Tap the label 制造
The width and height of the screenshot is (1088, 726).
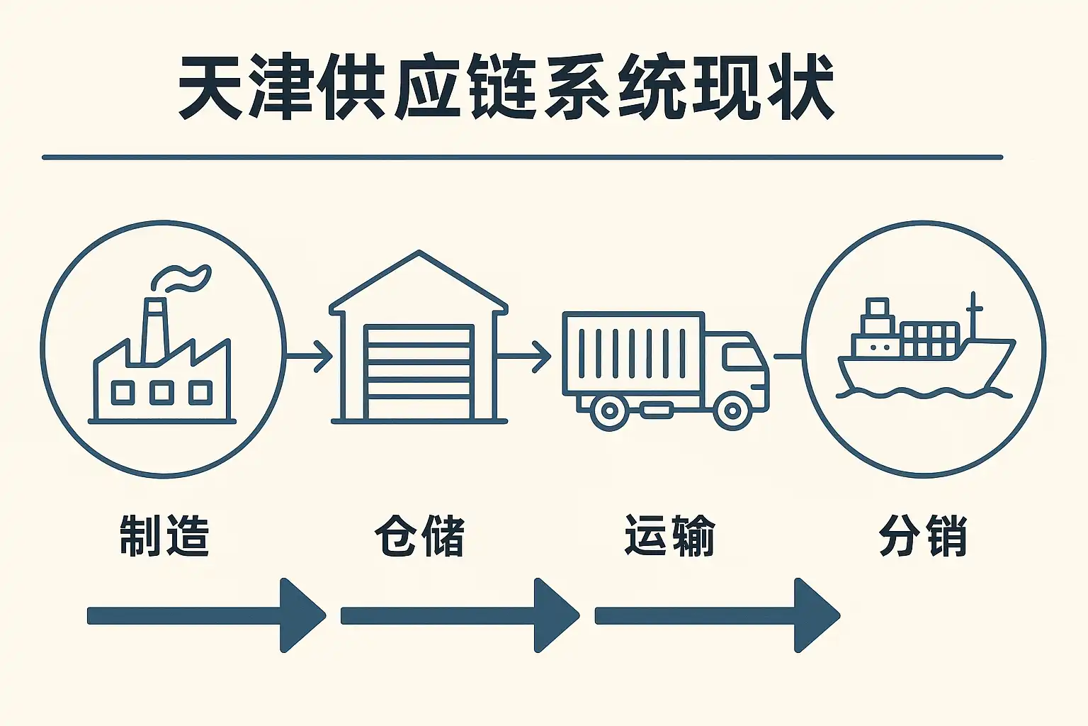coord(164,535)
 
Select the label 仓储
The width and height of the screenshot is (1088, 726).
coord(419,535)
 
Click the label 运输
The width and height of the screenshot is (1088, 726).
coord(669,535)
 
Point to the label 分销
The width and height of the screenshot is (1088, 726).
coord(923,535)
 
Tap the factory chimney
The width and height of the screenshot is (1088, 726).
coord(155,330)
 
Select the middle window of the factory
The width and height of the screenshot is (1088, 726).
coord(161,392)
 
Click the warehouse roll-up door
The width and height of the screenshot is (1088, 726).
coord(418,372)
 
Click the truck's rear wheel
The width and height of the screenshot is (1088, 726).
coord(608,410)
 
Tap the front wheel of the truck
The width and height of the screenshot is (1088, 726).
coord(732,410)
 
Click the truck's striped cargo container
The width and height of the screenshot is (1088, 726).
coord(633,353)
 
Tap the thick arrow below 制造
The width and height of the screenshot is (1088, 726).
coord(205,615)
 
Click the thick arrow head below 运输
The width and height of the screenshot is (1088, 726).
coord(815,615)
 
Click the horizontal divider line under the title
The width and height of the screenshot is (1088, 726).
coord(522,157)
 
